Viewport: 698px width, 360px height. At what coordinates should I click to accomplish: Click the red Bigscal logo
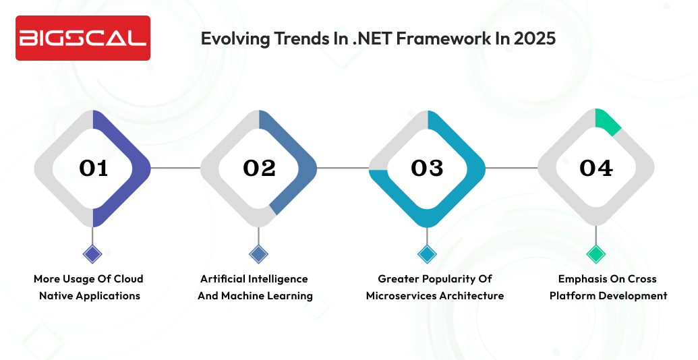82,38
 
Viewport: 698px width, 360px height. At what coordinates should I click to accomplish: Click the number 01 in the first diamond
93,168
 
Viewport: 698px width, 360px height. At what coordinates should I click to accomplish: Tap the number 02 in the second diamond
260,168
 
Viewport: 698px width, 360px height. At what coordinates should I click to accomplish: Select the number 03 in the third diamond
427,168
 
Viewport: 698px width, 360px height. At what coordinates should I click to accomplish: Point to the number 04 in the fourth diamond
595,168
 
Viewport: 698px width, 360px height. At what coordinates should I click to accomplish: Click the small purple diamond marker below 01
92,254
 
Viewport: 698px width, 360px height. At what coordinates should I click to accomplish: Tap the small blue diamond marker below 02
259,254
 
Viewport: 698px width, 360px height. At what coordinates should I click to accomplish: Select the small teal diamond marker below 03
427,254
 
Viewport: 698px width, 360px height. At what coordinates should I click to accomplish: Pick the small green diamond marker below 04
595,254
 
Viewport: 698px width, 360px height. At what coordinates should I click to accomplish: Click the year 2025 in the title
535,38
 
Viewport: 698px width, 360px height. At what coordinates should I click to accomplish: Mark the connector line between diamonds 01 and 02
175,168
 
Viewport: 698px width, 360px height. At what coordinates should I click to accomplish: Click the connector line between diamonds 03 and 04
511,168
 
